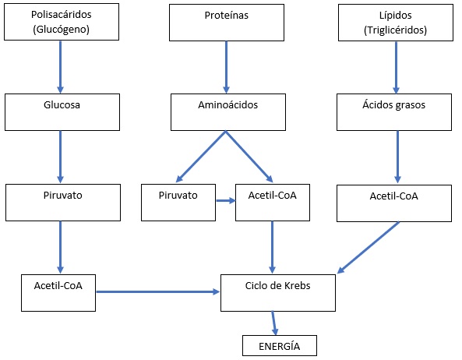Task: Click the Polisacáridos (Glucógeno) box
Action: pos(62,22)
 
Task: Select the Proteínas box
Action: pos(227,23)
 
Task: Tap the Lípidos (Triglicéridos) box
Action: pos(396,23)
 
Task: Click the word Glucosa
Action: pos(62,105)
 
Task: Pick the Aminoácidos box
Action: pos(228,112)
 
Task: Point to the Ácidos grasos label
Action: pos(393,105)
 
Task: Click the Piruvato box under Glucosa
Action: pos(63,203)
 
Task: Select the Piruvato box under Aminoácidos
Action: pos(178,203)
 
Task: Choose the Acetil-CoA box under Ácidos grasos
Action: pos(394,203)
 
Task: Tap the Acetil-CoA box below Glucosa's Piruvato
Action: pos(58,293)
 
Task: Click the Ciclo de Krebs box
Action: pos(278,293)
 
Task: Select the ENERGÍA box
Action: pos(280,345)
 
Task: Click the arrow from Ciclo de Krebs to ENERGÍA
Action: pos(273,323)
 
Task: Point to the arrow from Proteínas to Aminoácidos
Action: pos(226,67)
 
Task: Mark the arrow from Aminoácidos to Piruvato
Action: pos(201,157)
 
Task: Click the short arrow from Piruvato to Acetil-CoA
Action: pos(226,201)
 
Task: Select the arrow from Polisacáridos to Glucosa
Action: pos(61,67)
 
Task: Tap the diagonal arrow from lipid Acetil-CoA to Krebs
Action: pos(369,248)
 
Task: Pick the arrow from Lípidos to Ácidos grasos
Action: pos(396,68)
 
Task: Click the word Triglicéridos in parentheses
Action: pos(396,30)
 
